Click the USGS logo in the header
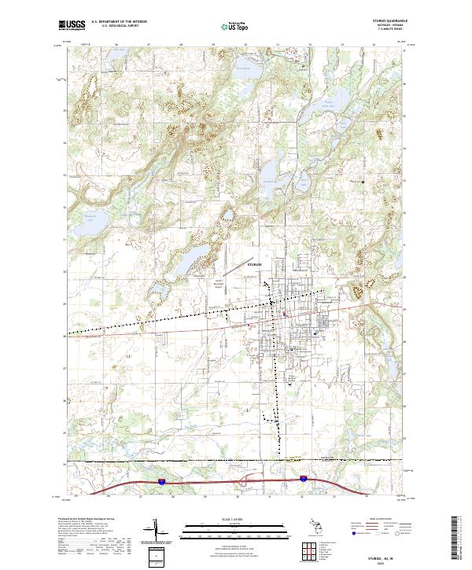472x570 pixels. [73, 25]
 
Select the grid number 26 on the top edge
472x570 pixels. [116, 45]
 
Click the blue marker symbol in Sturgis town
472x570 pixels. [316, 334]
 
